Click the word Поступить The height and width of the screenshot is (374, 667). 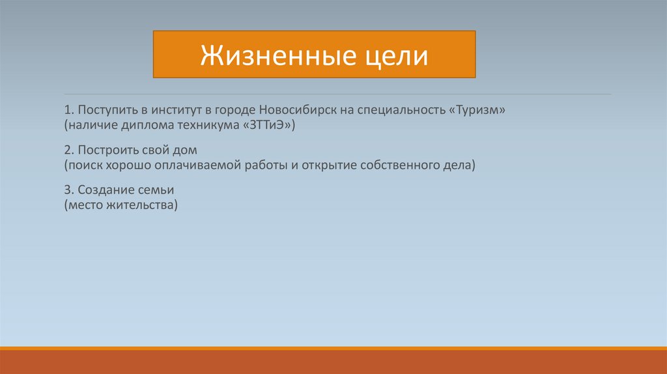107,110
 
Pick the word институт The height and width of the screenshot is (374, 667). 177,110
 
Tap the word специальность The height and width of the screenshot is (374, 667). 401,110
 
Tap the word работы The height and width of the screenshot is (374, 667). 266,165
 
